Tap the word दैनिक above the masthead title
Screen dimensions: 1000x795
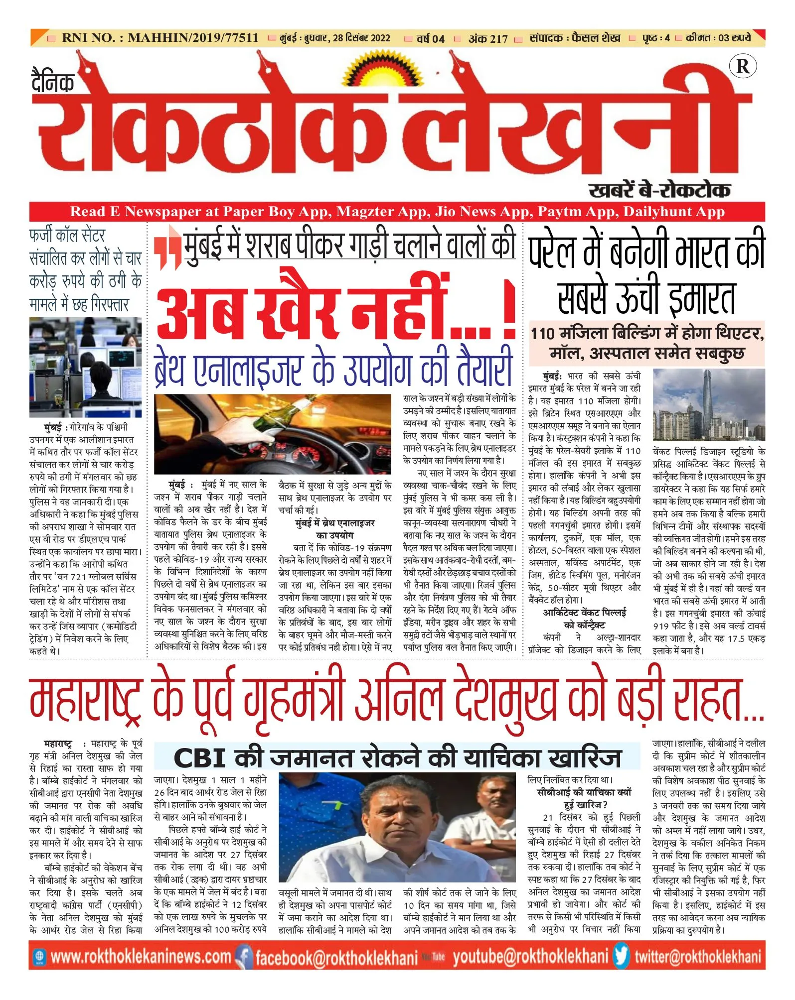point(53,82)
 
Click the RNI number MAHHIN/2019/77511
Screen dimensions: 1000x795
point(193,38)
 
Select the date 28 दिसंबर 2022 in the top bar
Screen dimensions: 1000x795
point(361,38)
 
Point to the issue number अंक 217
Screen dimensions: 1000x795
point(487,38)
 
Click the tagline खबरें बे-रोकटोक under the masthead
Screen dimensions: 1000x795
point(659,190)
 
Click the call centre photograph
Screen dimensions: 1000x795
point(85,367)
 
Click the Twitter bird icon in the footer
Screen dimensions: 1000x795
point(621,957)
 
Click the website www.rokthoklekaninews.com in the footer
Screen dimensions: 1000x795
point(140,957)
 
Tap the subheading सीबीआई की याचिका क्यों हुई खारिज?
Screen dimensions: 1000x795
point(584,798)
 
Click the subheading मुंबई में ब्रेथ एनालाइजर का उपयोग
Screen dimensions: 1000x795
point(334,529)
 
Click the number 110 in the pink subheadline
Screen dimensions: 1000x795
point(543,333)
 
